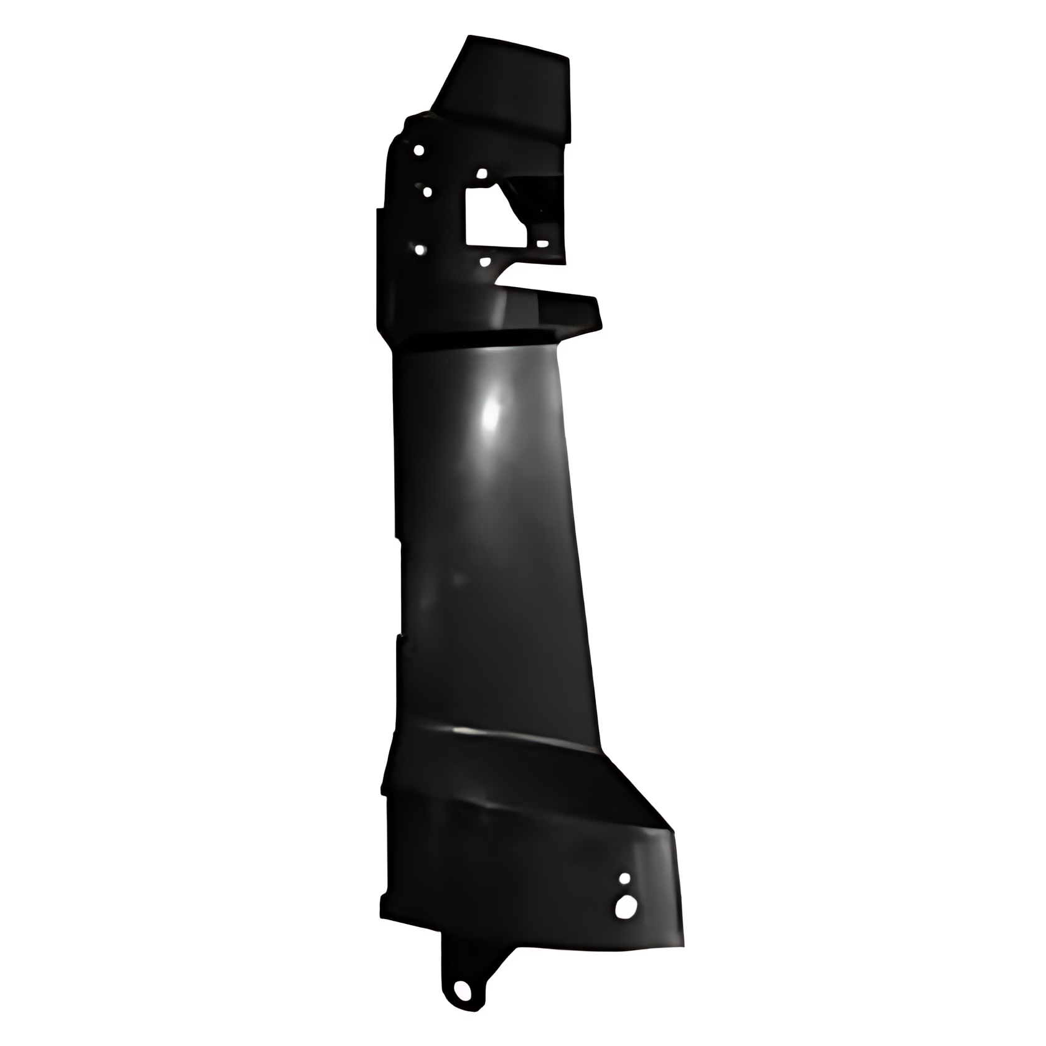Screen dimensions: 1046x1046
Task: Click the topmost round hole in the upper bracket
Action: (x=419, y=150)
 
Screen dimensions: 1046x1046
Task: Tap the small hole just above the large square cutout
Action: (x=481, y=174)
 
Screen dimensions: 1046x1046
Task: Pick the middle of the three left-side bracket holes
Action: (x=427, y=192)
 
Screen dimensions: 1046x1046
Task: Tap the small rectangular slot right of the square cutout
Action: (x=542, y=243)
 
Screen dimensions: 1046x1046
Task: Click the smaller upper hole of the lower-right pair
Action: (x=624, y=878)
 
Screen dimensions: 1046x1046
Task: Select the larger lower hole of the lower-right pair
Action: (x=622, y=907)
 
